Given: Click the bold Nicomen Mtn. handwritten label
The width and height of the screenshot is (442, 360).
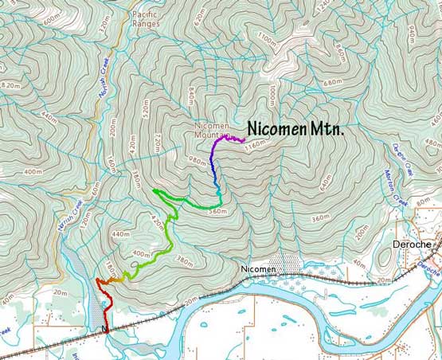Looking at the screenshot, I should (x=295, y=128).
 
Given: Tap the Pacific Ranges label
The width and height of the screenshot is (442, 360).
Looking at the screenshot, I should (x=147, y=19).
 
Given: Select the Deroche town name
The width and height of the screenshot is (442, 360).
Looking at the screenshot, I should (x=413, y=245).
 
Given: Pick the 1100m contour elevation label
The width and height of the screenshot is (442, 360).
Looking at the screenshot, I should (x=269, y=40).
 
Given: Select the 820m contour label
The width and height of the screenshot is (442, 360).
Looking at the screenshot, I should (x=11, y=85).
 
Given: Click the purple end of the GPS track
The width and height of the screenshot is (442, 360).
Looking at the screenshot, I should (x=242, y=139).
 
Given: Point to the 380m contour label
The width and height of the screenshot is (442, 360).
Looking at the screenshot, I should (x=184, y=261).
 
